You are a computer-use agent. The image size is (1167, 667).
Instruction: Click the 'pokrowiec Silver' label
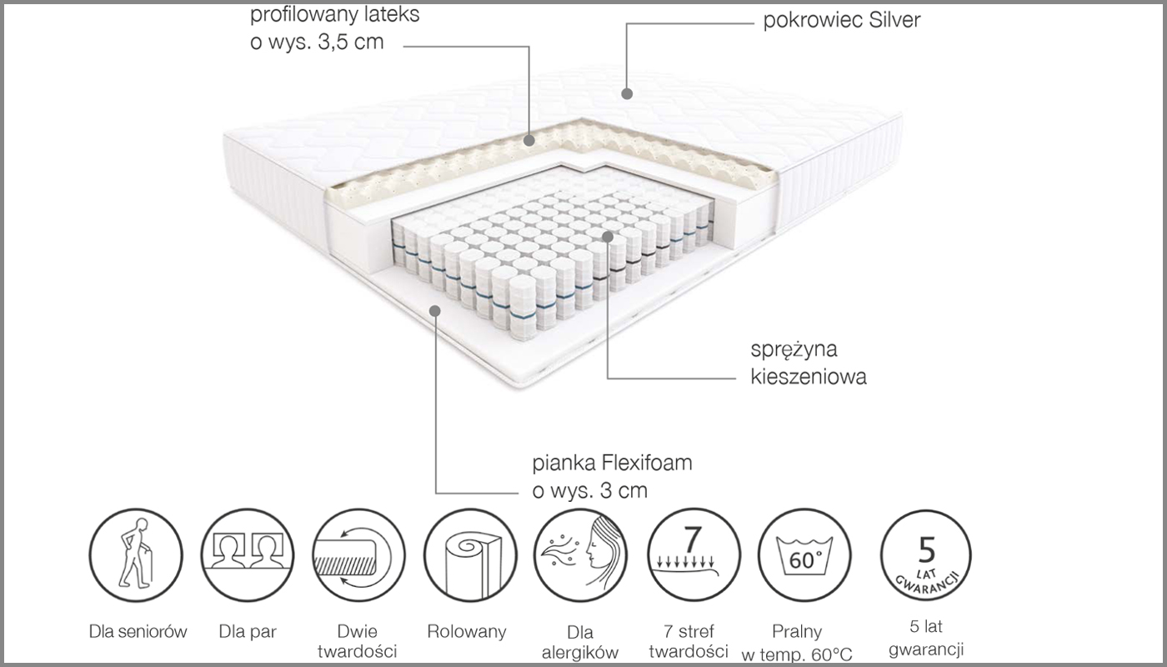point(842,21)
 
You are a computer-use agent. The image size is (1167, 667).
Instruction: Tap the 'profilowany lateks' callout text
point(334,16)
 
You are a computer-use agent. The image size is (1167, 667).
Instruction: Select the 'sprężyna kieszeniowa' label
point(809,364)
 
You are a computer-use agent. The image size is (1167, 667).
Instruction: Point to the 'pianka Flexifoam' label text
point(612,463)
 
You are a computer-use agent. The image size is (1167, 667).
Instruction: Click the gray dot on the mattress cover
point(627,93)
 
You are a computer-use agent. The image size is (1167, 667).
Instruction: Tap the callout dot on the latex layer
point(529,140)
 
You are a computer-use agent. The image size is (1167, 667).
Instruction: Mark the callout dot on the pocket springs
point(608,237)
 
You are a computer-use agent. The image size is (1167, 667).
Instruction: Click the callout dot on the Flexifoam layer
point(435,311)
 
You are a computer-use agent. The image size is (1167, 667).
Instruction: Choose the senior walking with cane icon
point(136,555)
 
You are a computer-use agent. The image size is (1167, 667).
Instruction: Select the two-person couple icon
point(248,555)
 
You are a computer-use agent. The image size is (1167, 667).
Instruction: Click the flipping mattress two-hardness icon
point(358,555)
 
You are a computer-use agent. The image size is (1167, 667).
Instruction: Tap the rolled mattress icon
point(470,555)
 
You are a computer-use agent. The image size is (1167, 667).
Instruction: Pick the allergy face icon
point(580,555)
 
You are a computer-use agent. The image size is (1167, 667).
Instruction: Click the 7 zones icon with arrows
point(694,555)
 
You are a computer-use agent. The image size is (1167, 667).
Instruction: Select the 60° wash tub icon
point(804,555)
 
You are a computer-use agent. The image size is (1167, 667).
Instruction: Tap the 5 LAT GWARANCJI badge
point(926,555)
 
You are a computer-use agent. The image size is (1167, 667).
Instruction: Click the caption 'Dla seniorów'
point(138,632)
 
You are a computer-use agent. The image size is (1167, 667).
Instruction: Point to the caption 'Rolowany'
point(467,632)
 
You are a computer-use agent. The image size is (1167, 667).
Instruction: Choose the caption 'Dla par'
point(248,632)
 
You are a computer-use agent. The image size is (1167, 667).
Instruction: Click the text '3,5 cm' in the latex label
point(351,43)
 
